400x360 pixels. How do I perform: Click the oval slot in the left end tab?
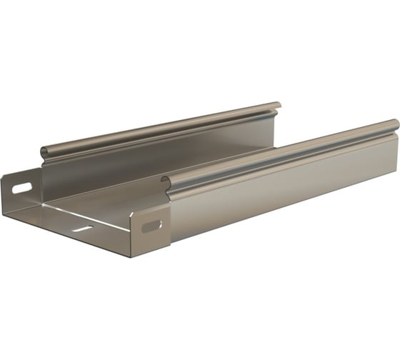click(21, 189)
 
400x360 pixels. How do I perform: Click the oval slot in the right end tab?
click(151, 226)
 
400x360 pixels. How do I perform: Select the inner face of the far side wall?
click(157, 154)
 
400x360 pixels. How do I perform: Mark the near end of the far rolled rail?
click(45, 152)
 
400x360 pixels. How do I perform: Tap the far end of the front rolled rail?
click(395, 125)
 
